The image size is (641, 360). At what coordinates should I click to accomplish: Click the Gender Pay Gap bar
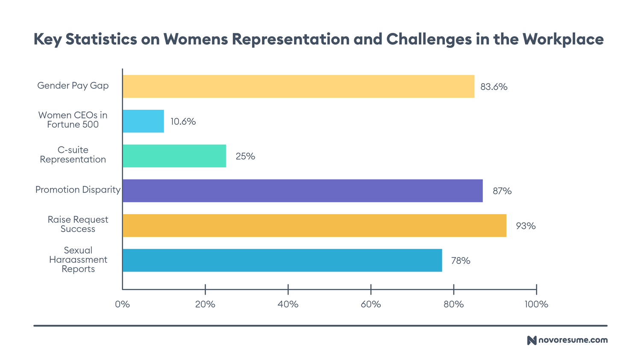tap(298, 86)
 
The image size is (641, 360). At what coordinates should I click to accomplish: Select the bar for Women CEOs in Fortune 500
tap(143, 121)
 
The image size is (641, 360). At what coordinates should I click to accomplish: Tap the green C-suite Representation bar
tap(174, 156)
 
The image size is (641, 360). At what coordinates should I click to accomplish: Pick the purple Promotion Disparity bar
tap(303, 191)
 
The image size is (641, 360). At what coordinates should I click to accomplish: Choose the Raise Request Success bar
tap(315, 225)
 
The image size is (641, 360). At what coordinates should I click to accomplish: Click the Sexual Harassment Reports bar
tap(282, 260)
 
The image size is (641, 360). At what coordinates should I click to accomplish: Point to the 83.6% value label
tap(494, 87)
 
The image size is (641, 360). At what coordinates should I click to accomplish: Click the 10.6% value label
tap(183, 122)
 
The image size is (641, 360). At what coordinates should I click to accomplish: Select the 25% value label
tap(245, 156)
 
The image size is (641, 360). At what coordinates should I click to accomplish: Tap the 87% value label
tap(502, 191)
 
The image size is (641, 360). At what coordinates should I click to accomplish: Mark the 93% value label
tap(526, 226)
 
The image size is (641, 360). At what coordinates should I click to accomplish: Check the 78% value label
tap(461, 261)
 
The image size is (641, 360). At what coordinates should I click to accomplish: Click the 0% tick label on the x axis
tap(123, 304)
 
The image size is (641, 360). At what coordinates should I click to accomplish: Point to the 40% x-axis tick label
tap(288, 304)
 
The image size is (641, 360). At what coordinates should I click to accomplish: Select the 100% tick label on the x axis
tap(536, 304)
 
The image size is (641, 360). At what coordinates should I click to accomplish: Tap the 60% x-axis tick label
tap(371, 304)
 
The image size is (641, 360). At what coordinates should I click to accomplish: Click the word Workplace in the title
tap(564, 39)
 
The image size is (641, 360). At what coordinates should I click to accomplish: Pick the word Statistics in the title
tap(101, 39)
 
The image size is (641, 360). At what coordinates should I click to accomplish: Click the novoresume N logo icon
tap(532, 340)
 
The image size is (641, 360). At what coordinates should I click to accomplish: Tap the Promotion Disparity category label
tap(78, 190)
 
